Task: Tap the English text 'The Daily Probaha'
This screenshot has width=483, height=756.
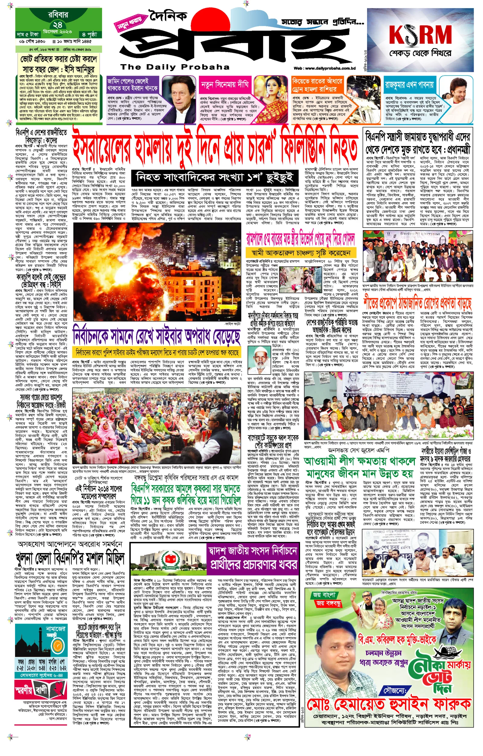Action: (x=175, y=67)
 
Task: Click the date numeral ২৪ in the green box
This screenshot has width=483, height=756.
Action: (x=57, y=25)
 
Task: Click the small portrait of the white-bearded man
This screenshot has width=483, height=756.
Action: (x=259, y=359)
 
